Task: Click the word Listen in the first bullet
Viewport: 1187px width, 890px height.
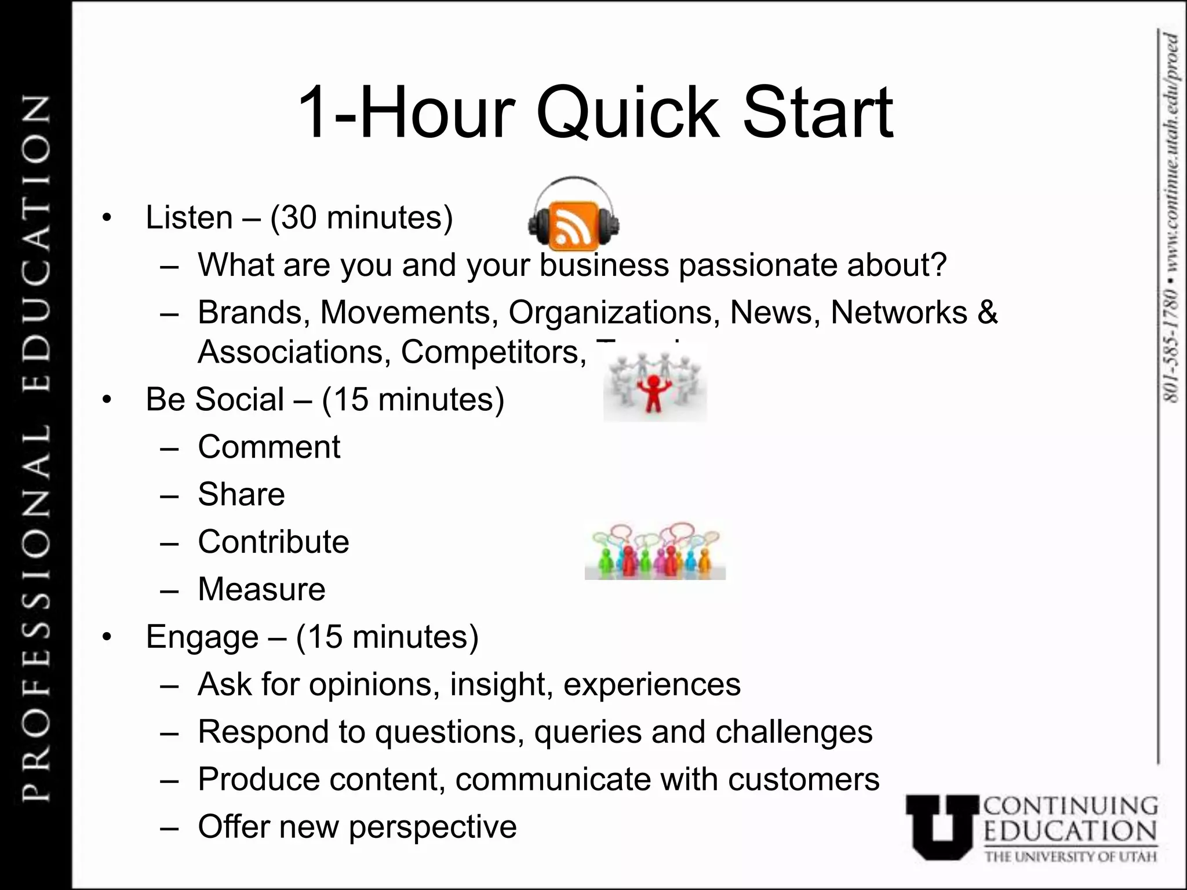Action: pyautogui.click(x=189, y=218)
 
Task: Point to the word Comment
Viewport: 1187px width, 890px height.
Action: pyautogui.click(x=269, y=447)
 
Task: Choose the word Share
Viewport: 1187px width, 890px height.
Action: pyautogui.click(x=241, y=494)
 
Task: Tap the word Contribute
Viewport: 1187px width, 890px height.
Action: pyautogui.click(x=274, y=542)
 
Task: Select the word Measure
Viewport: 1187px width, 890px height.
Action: pyautogui.click(x=261, y=589)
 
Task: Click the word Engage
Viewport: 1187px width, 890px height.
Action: pyautogui.click(x=202, y=637)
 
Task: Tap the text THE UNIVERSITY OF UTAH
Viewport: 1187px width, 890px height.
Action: pyautogui.click(x=1070, y=856)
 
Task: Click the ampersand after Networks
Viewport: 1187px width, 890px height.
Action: pyautogui.click(x=988, y=312)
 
